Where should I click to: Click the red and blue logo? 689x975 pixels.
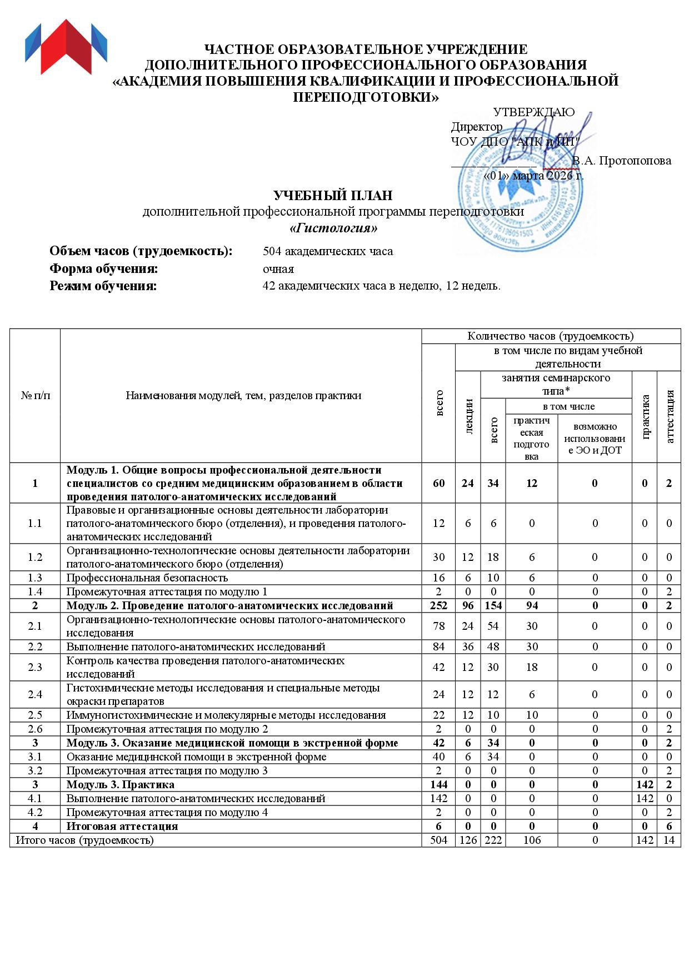click(x=66, y=47)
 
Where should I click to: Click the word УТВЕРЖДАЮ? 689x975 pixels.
click(x=533, y=112)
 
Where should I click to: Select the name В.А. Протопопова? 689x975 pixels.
click(x=621, y=161)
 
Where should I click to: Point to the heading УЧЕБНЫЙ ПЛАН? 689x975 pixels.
click(x=333, y=196)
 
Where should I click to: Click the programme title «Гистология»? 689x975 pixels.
click(x=333, y=228)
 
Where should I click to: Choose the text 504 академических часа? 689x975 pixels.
click(x=327, y=251)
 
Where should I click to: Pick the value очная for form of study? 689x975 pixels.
click(x=278, y=269)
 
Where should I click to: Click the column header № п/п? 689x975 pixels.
click(x=35, y=396)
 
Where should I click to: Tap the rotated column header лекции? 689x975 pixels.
click(x=468, y=416)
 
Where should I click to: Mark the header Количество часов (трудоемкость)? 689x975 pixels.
click(x=550, y=336)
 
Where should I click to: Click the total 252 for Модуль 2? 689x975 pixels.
click(x=438, y=605)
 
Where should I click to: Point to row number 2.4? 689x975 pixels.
click(x=35, y=694)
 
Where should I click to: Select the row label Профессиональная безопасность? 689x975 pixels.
click(x=147, y=578)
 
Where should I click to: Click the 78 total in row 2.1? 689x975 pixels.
click(x=438, y=626)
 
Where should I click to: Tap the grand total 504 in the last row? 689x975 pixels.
click(x=438, y=840)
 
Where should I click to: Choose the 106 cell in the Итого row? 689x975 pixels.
click(x=532, y=840)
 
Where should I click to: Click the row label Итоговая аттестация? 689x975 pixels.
click(x=122, y=826)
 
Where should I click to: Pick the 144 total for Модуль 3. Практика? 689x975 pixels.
click(x=438, y=784)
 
